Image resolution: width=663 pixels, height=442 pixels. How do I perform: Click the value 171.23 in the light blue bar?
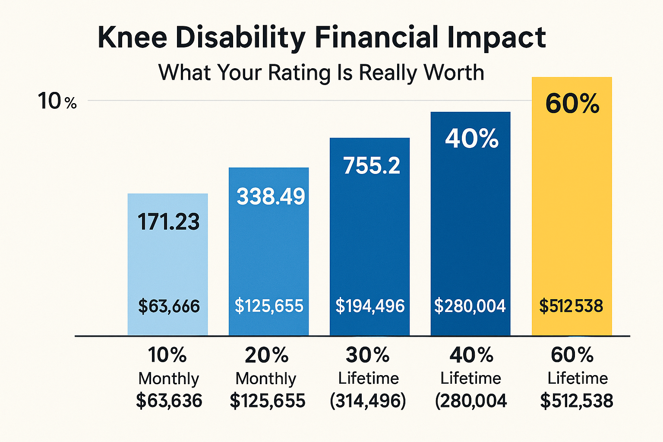click(x=168, y=222)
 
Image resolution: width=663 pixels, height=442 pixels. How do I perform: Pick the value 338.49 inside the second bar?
click(x=271, y=196)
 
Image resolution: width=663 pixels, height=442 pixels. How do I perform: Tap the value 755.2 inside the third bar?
click(x=371, y=166)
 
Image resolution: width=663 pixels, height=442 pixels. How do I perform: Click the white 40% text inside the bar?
click(x=471, y=139)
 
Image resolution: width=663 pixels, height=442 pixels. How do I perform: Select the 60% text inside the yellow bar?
click(x=572, y=104)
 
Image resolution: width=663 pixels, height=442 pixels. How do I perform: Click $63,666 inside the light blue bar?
click(x=169, y=306)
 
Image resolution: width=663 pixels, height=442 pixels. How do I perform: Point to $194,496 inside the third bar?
click(x=370, y=306)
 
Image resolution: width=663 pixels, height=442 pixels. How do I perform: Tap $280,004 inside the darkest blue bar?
click(x=470, y=306)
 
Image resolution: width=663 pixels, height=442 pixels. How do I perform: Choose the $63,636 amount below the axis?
click(x=169, y=401)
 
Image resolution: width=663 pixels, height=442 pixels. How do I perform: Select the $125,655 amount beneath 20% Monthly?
click(x=267, y=401)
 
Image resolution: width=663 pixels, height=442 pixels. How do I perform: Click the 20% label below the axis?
click(x=266, y=355)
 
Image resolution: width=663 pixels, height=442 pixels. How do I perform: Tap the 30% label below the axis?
click(x=367, y=355)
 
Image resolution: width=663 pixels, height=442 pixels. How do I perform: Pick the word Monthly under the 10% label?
click(x=169, y=379)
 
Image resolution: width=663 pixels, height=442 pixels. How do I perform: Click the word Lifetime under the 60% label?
click(x=578, y=379)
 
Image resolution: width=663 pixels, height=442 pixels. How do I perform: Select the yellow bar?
click(x=571, y=216)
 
